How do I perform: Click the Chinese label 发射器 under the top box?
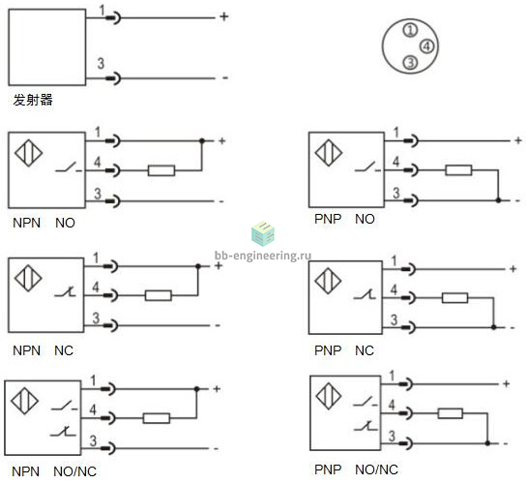click(33, 100)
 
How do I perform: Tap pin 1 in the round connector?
click(410, 31)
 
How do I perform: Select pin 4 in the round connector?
click(427, 46)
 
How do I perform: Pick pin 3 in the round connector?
click(410, 63)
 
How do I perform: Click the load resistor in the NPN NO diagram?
click(161, 170)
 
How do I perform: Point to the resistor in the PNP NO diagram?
click(458, 170)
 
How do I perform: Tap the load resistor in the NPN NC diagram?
click(159, 296)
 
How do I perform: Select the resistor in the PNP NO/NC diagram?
click(451, 413)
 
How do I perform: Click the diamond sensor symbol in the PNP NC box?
click(328, 281)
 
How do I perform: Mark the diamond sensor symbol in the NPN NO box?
click(28, 153)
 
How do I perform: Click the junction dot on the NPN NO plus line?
click(202, 141)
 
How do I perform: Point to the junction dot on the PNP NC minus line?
click(493, 327)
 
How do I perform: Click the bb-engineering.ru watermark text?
click(263, 256)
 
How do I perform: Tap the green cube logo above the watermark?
click(263, 233)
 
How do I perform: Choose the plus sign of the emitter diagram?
click(224, 16)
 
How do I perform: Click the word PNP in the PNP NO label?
click(328, 219)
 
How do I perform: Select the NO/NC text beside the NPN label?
click(74, 471)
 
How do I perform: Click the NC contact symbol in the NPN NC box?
click(66, 292)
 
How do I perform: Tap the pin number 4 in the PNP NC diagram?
click(394, 289)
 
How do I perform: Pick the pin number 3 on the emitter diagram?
click(101, 64)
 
